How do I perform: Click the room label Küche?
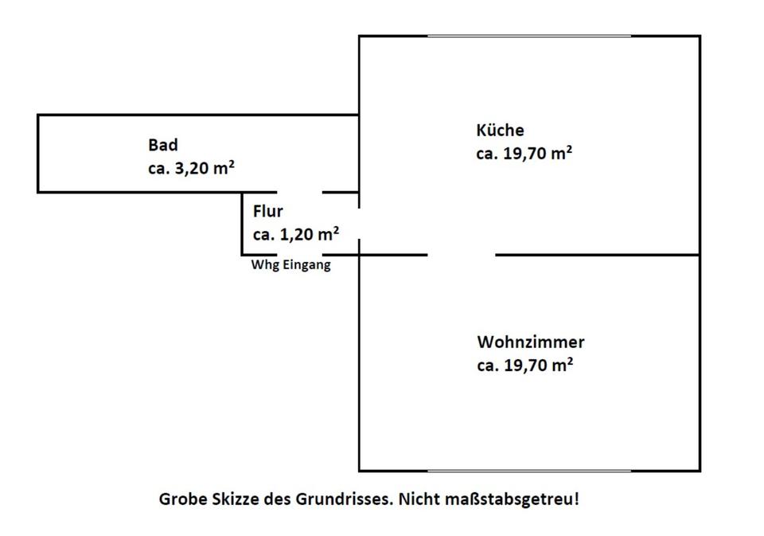coord(500,131)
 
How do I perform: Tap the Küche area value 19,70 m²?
coord(536,154)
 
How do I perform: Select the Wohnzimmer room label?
coord(531,342)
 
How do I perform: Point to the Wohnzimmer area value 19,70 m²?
coord(536,366)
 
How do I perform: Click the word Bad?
coord(162,145)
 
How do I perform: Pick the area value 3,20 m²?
coord(204,168)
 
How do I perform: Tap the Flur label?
coord(267,212)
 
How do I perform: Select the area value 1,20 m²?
coord(307,234)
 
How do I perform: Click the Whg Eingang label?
coord(290,265)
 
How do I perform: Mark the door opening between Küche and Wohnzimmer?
coord(462,255)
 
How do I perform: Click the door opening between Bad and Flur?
coord(299,192)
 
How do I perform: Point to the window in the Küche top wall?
coord(529,36)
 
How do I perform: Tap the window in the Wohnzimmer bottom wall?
coord(529,471)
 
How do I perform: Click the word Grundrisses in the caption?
coord(344,500)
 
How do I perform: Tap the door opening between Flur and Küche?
coord(359,224)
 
